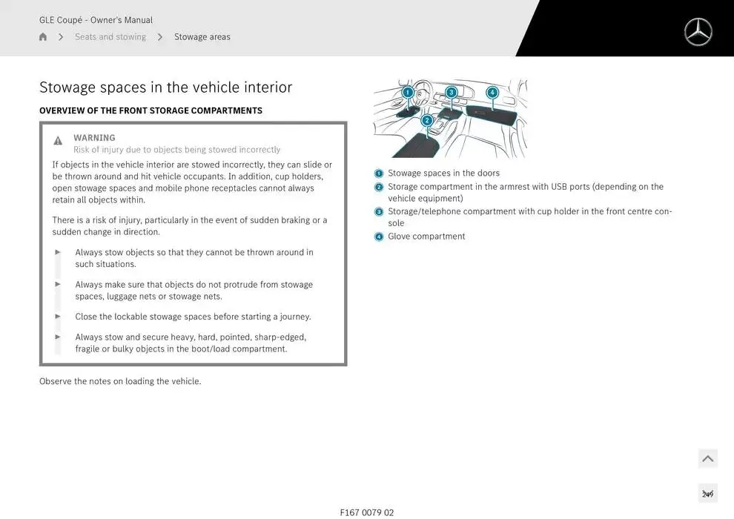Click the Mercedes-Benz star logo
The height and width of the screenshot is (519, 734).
[x=698, y=33]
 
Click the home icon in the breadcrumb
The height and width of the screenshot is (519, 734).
[x=43, y=37]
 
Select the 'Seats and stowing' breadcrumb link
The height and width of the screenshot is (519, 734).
[x=110, y=37]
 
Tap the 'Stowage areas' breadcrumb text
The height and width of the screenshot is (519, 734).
[x=202, y=37]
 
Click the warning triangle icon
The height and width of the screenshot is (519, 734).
[x=58, y=141]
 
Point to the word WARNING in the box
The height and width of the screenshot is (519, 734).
[x=94, y=138]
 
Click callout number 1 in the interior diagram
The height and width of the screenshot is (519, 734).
[x=408, y=93]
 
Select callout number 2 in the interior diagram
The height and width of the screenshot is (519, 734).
[x=427, y=120]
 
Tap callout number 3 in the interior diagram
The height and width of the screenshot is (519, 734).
[x=451, y=93]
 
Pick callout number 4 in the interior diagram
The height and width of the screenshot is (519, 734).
[x=492, y=93]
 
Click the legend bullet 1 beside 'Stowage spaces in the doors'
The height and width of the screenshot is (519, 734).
[x=379, y=173]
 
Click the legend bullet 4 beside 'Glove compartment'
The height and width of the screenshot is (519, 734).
[x=379, y=237]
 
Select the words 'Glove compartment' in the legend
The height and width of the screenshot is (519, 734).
[x=426, y=237]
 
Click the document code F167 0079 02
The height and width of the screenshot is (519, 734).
[x=367, y=512]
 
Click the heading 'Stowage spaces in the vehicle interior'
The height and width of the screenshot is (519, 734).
[x=165, y=87]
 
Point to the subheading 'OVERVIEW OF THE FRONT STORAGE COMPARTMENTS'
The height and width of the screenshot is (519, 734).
[x=151, y=110]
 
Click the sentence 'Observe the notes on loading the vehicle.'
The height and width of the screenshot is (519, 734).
[x=120, y=381]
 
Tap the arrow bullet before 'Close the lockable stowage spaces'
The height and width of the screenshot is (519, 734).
[x=58, y=316]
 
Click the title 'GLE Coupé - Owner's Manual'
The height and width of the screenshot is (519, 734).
[x=96, y=20]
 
